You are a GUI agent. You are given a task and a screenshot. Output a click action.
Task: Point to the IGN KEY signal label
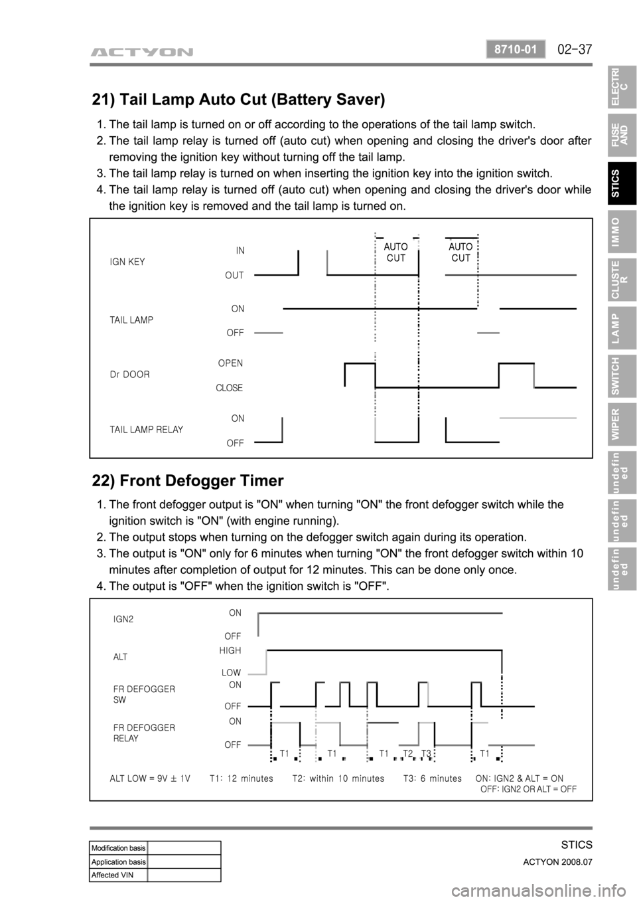[x=127, y=262]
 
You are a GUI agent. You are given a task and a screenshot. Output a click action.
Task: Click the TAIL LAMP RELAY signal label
[x=146, y=430]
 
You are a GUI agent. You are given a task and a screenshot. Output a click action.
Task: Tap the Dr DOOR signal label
[x=129, y=374]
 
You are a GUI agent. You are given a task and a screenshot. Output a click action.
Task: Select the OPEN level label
[x=230, y=363]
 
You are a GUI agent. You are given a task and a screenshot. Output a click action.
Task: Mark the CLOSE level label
[x=229, y=387]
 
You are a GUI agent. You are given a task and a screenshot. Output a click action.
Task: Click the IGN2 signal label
[x=124, y=619]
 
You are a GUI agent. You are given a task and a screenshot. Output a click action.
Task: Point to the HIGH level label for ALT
[x=230, y=650]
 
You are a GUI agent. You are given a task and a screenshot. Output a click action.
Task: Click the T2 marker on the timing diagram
[x=408, y=753]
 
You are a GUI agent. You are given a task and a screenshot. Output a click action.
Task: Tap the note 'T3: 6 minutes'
[x=432, y=778]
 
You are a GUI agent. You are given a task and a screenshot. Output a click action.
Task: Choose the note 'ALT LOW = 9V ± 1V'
[x=150, y=778]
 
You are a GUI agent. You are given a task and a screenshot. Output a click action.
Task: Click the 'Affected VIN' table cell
[x=118, y=875]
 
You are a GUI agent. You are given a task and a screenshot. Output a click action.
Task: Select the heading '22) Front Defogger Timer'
[x=188, y=480]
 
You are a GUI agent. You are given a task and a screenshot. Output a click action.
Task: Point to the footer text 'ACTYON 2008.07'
[x=559, y=861]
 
